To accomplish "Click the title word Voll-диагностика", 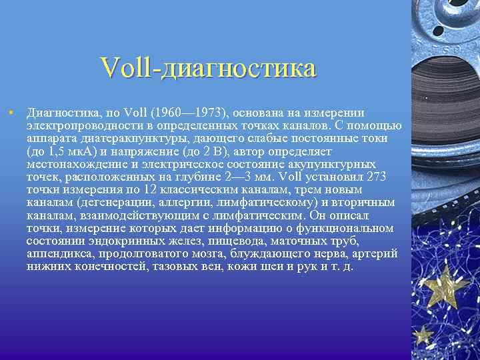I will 207,68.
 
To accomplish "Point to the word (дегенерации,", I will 116,202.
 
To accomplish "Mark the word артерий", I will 375,253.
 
